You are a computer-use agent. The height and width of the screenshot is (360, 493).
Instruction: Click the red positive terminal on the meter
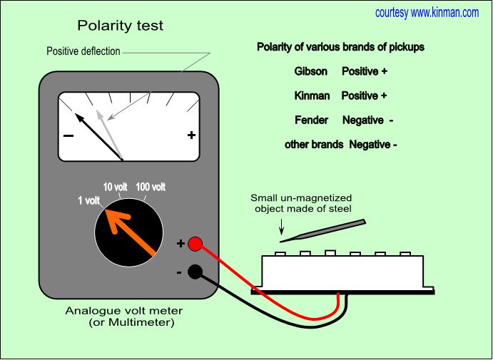[195, 243]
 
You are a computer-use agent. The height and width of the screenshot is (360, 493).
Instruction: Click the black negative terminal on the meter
[195, 271]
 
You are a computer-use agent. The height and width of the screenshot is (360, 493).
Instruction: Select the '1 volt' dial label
[88, 200]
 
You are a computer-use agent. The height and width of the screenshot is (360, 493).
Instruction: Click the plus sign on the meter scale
[191, 135]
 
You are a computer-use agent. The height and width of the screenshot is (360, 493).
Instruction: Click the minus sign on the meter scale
[68, 135]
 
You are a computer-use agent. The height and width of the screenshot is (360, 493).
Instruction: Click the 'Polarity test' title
[120, 26]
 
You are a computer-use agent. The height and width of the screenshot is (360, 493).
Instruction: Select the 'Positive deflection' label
[83, 51]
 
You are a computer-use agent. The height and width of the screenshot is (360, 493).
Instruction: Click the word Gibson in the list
[311, 72]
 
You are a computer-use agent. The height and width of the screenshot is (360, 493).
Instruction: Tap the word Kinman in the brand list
[312, 96]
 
